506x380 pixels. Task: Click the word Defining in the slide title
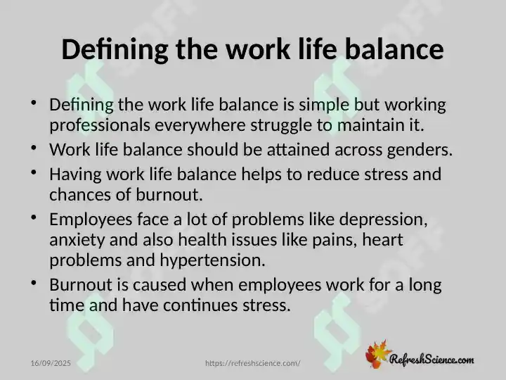115,50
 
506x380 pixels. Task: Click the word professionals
100,125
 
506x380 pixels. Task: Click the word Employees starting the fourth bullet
91,220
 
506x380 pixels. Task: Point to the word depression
384,220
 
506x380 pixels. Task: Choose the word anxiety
77,241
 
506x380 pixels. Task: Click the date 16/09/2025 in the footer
51,363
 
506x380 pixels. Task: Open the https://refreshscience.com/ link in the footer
253,363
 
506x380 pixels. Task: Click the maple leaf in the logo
377,354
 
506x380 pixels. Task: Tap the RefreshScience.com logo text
432,360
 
